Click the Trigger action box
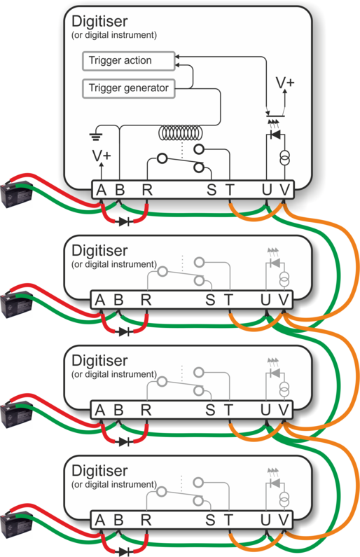[128, 61]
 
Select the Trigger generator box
[128, 88]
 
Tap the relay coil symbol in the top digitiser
[181, 133]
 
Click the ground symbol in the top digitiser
[96, 136]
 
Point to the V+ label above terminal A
[102, 156]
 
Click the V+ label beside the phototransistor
[285, 83]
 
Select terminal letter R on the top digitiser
[147, 190]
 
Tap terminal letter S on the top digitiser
[212, 190]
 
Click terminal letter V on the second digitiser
[284, 300]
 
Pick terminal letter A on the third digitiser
[100, 411]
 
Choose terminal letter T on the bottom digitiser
[228, 521]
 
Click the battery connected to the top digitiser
[17, 194]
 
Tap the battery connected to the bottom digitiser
[17, 524]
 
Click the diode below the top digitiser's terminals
[124, 222]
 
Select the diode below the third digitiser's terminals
[124, 442]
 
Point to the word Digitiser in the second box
[99, 250]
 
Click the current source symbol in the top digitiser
[284, 158]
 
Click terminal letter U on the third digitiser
[266, 411]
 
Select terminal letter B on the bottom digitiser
[118, 521]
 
